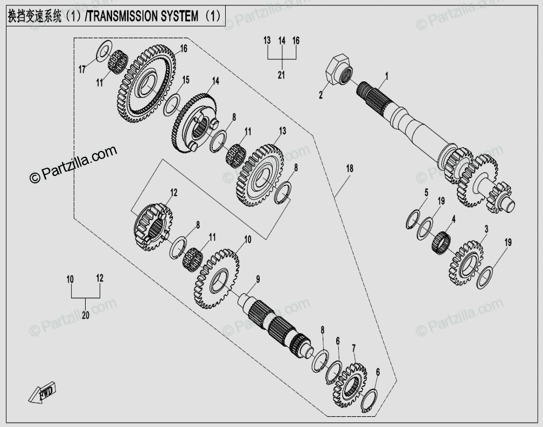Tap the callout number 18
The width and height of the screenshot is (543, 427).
coord(350,169)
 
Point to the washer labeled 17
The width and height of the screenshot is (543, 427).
coord(103,51)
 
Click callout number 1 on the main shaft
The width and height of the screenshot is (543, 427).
coord(386,76)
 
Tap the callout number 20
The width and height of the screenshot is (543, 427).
coord(85,316)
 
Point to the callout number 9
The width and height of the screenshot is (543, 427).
coord(258,279)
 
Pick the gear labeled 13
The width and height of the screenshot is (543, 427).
coord(260,174)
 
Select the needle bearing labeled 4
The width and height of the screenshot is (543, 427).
coord(441,243)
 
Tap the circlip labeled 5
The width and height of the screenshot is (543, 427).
coord(414,218)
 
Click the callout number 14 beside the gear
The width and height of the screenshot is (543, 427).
coord(215,81)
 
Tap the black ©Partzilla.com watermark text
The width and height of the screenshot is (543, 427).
coord(72,164)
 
